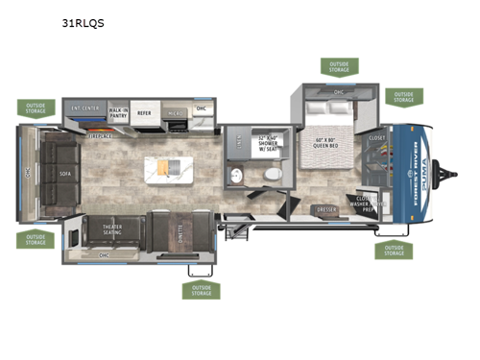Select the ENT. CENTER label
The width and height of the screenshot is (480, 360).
pyautogui.click(x=84, y=108)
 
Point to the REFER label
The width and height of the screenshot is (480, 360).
pyautogui.click(x=144, y=111)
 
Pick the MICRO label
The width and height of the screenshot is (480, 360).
pyautogui.click(x=176, y=111)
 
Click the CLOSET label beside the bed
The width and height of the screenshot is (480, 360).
pyautogui.click(x=376, y=138)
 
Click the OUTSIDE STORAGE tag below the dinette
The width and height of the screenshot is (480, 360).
pyautogui.click(x=200, y=289)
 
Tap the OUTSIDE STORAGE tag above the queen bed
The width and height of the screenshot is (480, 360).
pyautogui.click(x=339, y=66)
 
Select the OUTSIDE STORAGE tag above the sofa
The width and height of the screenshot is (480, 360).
pyautogui.click(x=36, y=108)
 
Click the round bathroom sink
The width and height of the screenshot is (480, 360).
pyautogui.click(x=236, y=175)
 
